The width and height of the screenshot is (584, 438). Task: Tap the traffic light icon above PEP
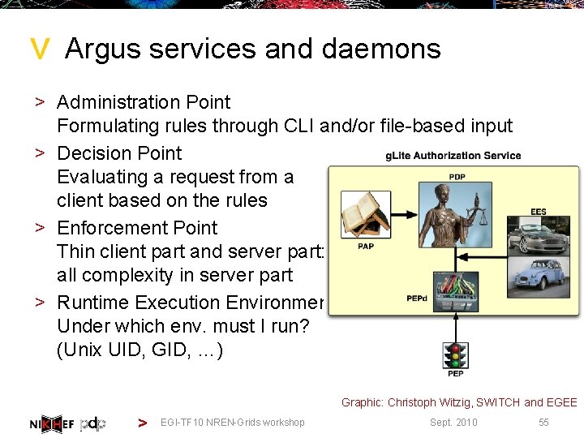pyautogui.click(x=456, y=355)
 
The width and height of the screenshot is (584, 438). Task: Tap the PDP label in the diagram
pyautogui.click(x=457, y=177)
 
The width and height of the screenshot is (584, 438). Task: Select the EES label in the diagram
pyautogui.click(x=539, y=212)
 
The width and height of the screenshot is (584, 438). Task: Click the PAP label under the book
pyautogui.click(x=365, y=247)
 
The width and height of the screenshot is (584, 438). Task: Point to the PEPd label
pyautogui.click(x=416, y=298)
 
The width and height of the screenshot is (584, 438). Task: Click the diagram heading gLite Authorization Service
pyautogui.click(x=453, y=156)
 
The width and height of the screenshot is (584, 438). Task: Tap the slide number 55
pyautogui.click(x=543, y=423)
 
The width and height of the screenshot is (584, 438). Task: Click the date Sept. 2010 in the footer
pyautogui.click(x=453, y=423)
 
